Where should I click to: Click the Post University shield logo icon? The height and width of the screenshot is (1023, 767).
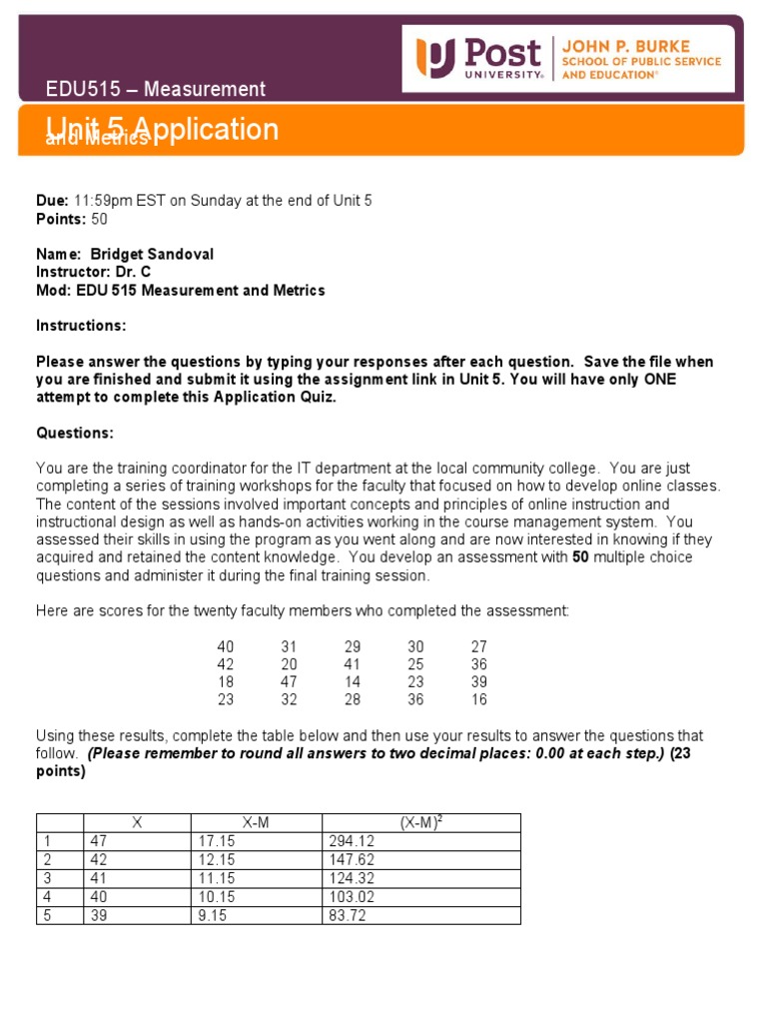coord(435,58)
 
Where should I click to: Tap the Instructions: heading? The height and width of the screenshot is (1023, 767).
coord(82,326)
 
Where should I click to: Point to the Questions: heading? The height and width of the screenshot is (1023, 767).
coord(75,433)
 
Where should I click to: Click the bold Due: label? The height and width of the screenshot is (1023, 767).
coord(52,201)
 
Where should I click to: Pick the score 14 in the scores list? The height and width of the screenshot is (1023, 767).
coord(352,682)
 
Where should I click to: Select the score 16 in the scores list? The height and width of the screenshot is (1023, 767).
coord(478,700)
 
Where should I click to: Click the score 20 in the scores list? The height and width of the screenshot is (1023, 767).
coord(289,664)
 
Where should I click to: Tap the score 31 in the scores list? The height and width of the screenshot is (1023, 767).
coord(289,646)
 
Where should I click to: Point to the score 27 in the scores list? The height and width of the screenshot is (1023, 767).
coord(478,646)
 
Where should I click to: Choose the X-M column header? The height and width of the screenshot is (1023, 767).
coord(256,823)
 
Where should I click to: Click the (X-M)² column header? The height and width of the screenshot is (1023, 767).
coord(420,823)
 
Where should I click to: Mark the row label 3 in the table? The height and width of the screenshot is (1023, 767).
coord(46,879)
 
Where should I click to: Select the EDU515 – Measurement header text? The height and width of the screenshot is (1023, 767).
coord(156,89)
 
